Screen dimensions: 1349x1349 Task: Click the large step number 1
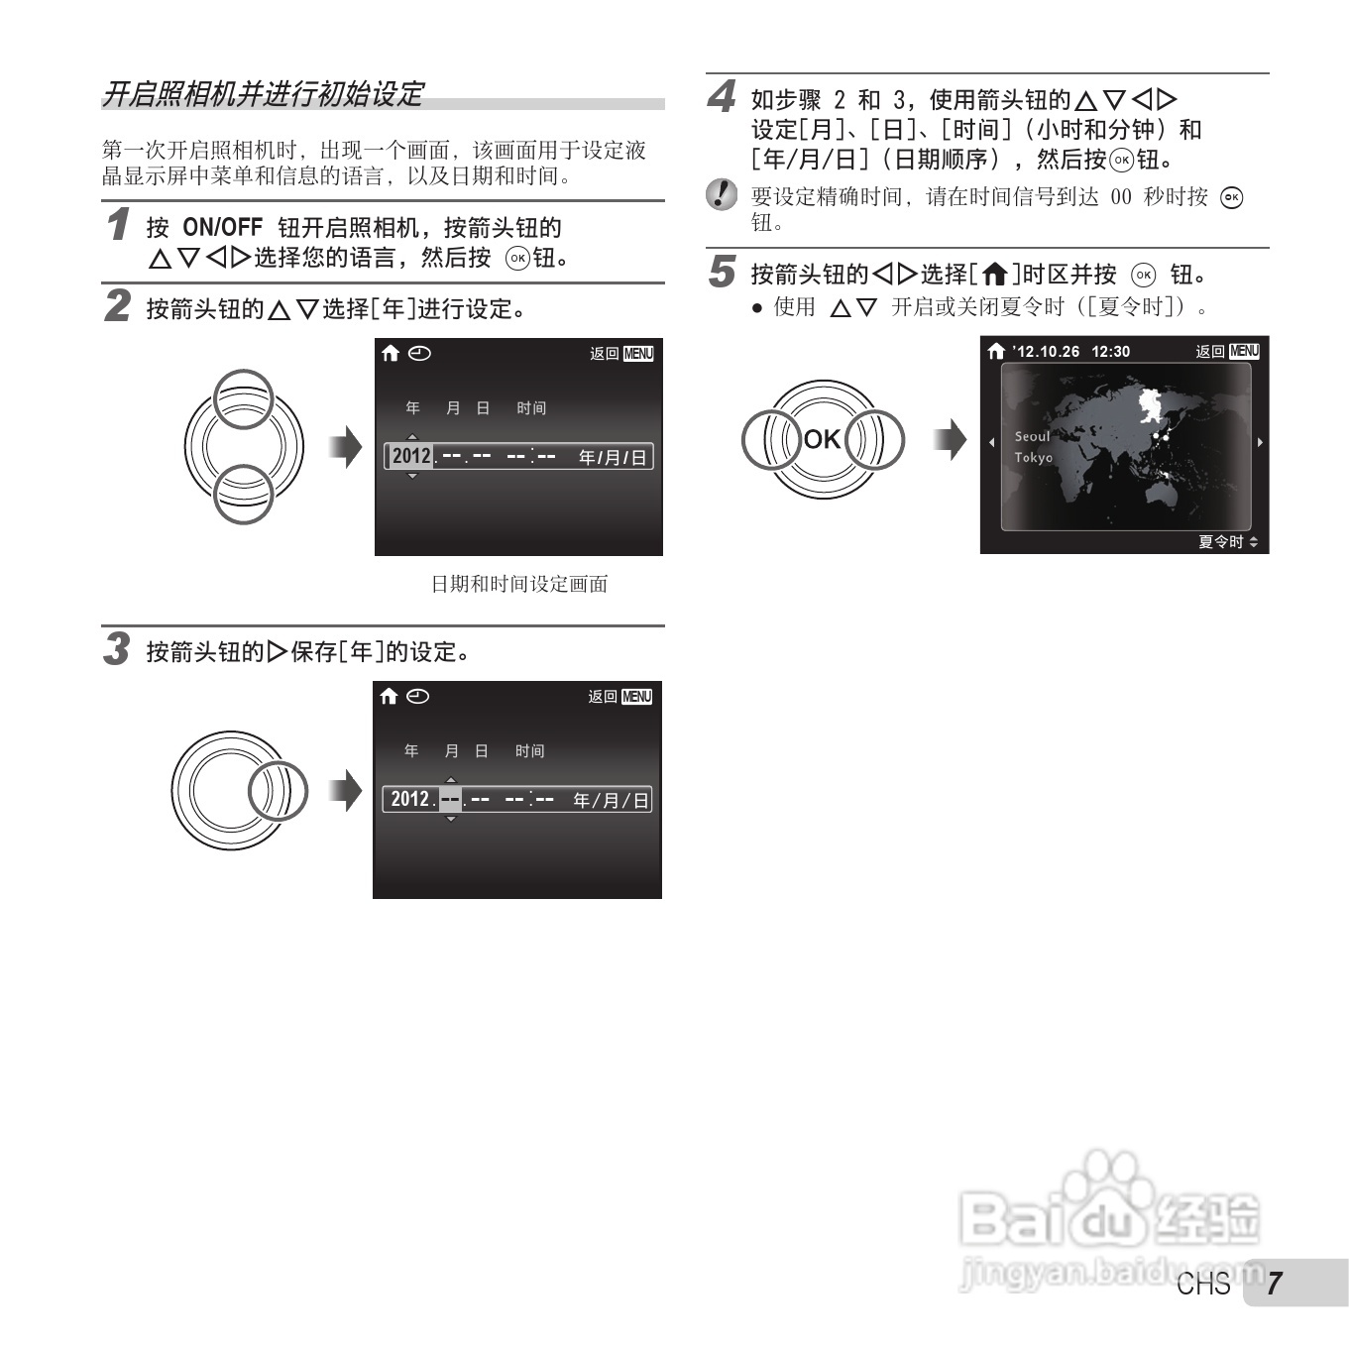[119, 224]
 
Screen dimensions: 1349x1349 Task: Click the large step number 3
[117, 649]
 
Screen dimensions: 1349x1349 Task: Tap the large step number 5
[723, 272]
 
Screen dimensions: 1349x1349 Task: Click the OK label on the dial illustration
[822, 439]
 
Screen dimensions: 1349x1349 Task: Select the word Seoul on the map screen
[1032, 436]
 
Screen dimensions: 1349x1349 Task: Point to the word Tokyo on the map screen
[1033, 457]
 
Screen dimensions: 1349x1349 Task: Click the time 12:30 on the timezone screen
[1110, 352]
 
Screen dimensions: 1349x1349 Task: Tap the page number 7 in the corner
[1274, 1284]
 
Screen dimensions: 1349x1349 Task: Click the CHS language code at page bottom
[1203, 1285]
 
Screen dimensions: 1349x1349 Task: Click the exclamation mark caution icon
[722, 194]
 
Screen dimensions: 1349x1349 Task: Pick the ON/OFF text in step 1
[222, 228]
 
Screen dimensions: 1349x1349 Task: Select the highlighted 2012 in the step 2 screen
[411, 456]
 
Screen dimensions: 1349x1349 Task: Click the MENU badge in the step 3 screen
[636, 697]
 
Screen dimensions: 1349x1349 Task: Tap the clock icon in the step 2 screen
[419, 353]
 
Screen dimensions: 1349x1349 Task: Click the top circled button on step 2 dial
[244, 398]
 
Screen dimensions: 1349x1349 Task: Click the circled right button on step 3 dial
[278, 792]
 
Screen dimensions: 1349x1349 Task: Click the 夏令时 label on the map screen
[1220, 542]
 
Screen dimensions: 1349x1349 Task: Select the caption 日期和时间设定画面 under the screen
[518, 585]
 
